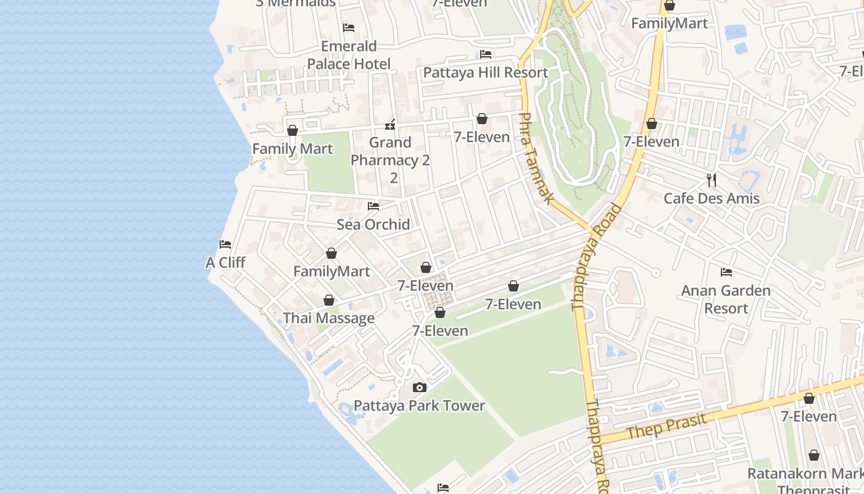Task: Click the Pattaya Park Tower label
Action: [419, 406]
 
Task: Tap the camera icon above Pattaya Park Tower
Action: [420, 388]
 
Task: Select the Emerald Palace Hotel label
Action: [349, 55]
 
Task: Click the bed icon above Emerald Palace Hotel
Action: [349, 28]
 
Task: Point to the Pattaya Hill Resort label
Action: [485, 72]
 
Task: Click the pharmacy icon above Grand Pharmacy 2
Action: [390, 125]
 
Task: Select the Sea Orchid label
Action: [373, 224]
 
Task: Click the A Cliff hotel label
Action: [225, 262]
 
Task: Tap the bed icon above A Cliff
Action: [225, 245]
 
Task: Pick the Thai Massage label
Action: [328, 318]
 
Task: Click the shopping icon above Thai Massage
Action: [329, 300]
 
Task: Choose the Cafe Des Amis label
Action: [711, 198]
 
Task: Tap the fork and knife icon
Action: [712, 180]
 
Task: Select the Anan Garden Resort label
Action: [726, 299]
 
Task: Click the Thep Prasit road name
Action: [666, 425]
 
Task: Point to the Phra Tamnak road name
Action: [536, 158]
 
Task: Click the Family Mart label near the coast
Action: [293, 149]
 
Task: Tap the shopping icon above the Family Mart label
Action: [293, 130]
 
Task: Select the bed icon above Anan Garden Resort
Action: [726, 272]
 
